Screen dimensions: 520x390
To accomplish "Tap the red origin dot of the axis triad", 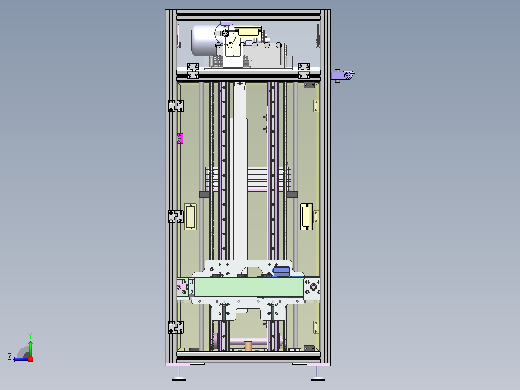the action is (31, 359).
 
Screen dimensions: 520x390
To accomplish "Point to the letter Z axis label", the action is (10, 357).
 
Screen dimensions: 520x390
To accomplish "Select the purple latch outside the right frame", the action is (343, 75).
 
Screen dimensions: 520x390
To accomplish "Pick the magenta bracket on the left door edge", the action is (180, 139).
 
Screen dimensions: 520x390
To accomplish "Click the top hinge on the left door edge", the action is (176, 106).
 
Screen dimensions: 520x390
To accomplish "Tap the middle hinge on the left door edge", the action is (176, 217).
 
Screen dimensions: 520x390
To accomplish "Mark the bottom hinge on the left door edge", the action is (176, 327).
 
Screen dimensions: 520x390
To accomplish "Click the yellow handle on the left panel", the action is (191, 217).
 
